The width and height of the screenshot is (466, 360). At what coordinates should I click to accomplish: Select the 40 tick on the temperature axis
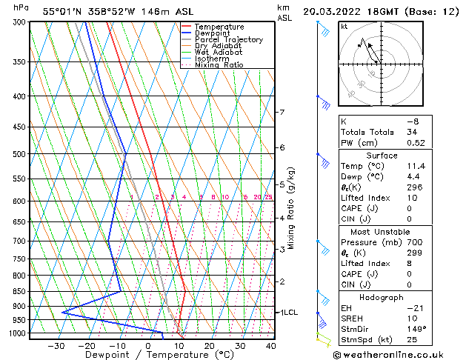pos(271,345)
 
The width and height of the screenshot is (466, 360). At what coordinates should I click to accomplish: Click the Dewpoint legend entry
pos(213,33)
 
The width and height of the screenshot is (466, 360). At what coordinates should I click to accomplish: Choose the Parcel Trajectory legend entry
pos(228,40)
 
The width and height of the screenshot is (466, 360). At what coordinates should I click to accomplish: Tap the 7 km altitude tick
pos(282,113)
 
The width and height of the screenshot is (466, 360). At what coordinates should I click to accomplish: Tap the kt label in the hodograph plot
pos(344,27)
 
